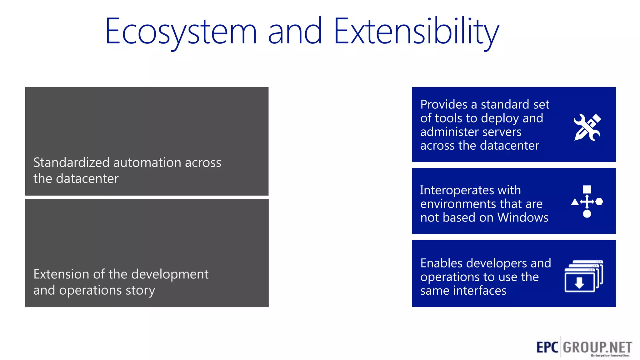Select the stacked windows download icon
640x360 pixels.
coord(583,276)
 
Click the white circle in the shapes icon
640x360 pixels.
coord(587,214)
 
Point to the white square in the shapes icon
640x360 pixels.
coord(587,189)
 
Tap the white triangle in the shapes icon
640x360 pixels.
coord(575,202)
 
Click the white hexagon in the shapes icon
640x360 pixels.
coord(599,202)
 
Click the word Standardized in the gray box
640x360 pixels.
coord(71,163)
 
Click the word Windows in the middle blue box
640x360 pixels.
coord(522,217)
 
